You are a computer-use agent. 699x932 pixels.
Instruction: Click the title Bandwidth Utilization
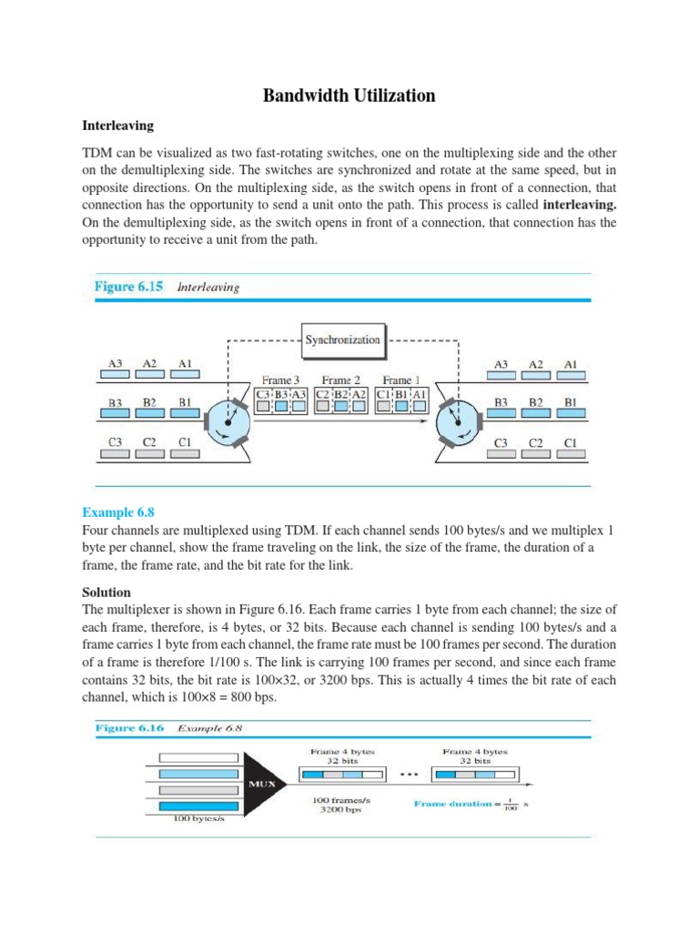[x=349, y=96]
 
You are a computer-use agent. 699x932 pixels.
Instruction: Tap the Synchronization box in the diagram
[x=343, y=339]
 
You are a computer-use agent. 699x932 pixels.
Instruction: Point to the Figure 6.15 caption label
[x=129, y=286]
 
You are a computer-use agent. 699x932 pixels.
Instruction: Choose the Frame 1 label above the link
[x=397, y=380]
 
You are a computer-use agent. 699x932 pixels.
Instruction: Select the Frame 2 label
[x=339, y=380]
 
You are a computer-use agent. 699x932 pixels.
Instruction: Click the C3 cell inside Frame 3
[x=263, y=394]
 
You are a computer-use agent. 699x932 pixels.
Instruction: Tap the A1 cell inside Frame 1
[x=420, y=394]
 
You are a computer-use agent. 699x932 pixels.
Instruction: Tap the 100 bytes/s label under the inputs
[x=198, y=818]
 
